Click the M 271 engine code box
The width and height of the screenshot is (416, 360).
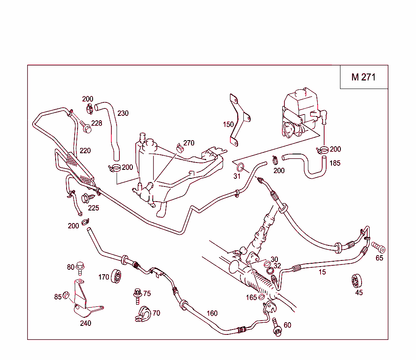click(364, 77)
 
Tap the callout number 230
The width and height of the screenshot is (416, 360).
click(123, 113)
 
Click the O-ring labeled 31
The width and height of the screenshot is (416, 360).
click(240, 167)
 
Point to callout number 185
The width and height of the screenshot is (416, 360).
click(335, 163)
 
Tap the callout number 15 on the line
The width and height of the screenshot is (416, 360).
click(322, 272)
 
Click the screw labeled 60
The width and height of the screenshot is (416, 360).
click(277, 327)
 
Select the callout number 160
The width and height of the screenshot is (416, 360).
click(212, 313)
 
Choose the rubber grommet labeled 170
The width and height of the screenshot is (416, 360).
click(117, 278)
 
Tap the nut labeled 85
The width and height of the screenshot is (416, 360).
click(65, 297)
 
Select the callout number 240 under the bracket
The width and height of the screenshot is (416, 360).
click(85, 323)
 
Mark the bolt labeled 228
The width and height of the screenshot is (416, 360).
click(85, 126)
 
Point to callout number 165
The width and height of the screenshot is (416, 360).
click(251, 298)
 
